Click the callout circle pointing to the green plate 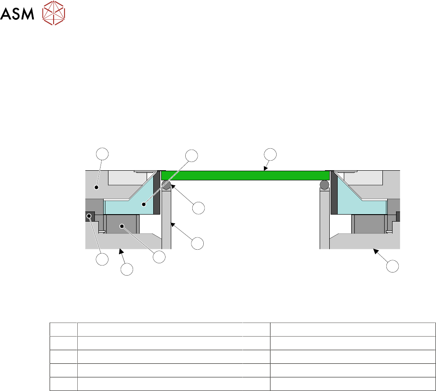click(x=270, y=154)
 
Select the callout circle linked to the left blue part click(x=191, y=156)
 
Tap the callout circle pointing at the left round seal click(x=198, y=208)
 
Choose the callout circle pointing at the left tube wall click(x=198, y=244)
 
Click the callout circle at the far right click(x=393, y=266)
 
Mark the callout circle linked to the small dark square click(x=102, y=259)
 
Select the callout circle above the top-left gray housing click(x=102, y=154)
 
